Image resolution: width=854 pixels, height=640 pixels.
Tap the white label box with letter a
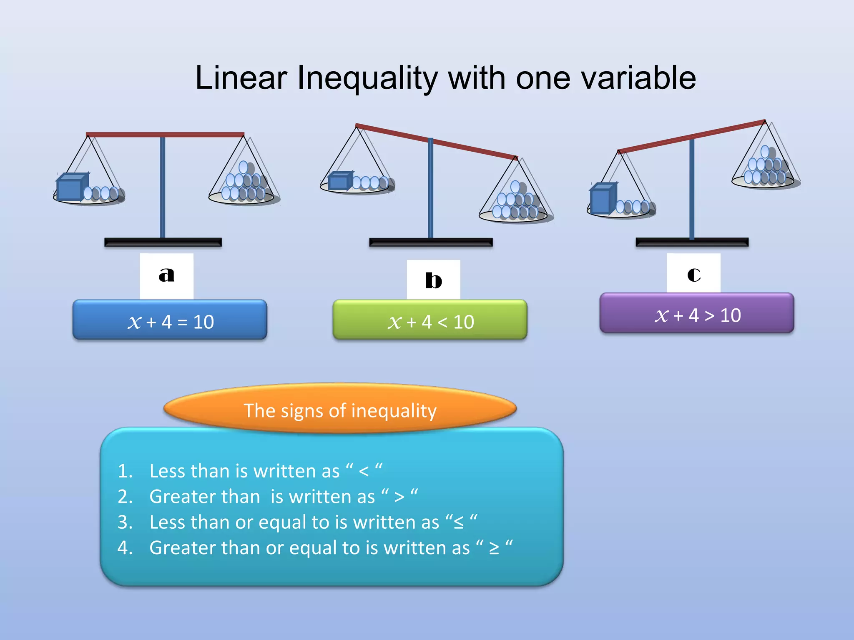coord(166,275)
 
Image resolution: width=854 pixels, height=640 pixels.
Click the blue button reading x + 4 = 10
coord(170,320)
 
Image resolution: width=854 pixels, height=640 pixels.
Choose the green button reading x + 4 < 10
coord(430,320)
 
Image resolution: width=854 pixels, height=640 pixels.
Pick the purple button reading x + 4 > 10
coord(696,313)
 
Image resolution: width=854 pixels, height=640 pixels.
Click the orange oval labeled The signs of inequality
coord(340,409)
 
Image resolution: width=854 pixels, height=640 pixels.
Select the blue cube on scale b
coord(340,181)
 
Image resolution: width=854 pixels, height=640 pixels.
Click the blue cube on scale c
coord(603,199)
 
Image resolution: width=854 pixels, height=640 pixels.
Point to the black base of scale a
coord(163,242)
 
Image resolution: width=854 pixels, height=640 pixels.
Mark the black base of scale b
coord(431,242)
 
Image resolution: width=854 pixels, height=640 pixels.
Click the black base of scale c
coord(692,242)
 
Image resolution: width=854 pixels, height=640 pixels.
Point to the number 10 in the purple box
coord(731,315)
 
